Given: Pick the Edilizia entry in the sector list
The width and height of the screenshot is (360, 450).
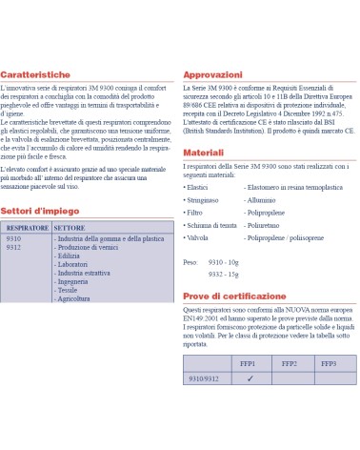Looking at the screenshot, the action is (70, 256).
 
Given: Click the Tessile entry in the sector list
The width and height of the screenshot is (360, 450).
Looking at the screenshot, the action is (69, 291).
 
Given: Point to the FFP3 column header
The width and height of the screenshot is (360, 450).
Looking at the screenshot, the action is (328, 364).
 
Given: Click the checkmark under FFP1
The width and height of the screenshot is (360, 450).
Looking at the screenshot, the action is (249, 378).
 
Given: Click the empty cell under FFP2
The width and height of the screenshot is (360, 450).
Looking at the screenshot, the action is (289, 378).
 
